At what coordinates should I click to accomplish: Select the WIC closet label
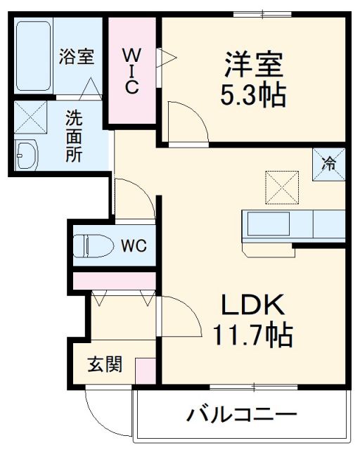click(131, 70)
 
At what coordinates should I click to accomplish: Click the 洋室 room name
click(254, 65)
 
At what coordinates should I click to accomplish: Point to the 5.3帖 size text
click(254, 94)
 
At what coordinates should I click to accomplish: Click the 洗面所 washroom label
click(74, 136)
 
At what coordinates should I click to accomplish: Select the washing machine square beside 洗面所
click(30, 117)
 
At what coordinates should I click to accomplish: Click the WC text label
click(132, 246)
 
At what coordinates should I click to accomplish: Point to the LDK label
click(252, 306)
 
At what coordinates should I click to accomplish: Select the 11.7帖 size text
click(252, 336)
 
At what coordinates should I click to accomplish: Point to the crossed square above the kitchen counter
click(282, 186)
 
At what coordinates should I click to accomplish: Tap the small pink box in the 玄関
click(145, 370)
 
